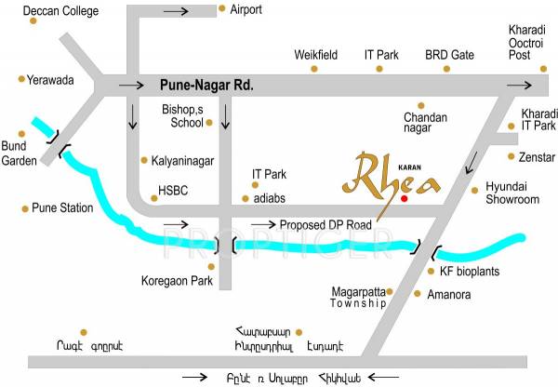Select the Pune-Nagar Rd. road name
(206, 84)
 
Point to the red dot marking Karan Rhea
(404, 198)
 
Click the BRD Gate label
(449, 55)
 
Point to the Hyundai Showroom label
(513, 193)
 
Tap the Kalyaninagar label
(184, 160)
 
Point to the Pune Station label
(62, 207)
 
